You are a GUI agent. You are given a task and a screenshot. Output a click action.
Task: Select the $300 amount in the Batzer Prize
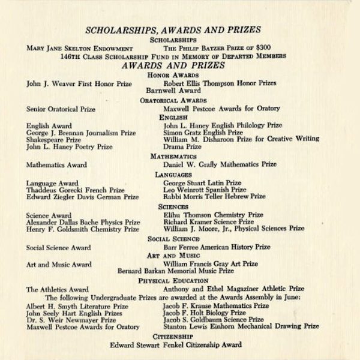pos(262,47)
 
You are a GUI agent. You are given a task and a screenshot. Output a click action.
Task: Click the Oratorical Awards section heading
pos(173,100)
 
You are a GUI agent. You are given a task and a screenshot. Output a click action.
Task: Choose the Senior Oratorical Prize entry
pos(61,109)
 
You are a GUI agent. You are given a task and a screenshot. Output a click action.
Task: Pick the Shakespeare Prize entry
pos(53,140)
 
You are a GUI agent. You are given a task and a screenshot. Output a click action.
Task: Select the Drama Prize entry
pos(182,146)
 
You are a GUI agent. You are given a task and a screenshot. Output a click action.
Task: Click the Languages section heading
pos(173,175)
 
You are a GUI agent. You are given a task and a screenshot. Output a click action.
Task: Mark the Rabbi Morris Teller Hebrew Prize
pos(214,196)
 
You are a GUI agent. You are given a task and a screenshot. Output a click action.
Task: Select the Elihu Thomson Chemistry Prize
pos(213,215)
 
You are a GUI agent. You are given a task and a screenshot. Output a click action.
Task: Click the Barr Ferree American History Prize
pos(217,247)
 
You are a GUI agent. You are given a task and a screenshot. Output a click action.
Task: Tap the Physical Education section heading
pos(173,280)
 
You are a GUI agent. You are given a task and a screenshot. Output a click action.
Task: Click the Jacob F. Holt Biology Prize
pos(204,313)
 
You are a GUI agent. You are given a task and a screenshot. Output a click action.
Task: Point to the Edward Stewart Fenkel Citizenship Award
pos(176,345)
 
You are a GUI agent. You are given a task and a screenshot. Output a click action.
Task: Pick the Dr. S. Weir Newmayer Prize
pos(71,320)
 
